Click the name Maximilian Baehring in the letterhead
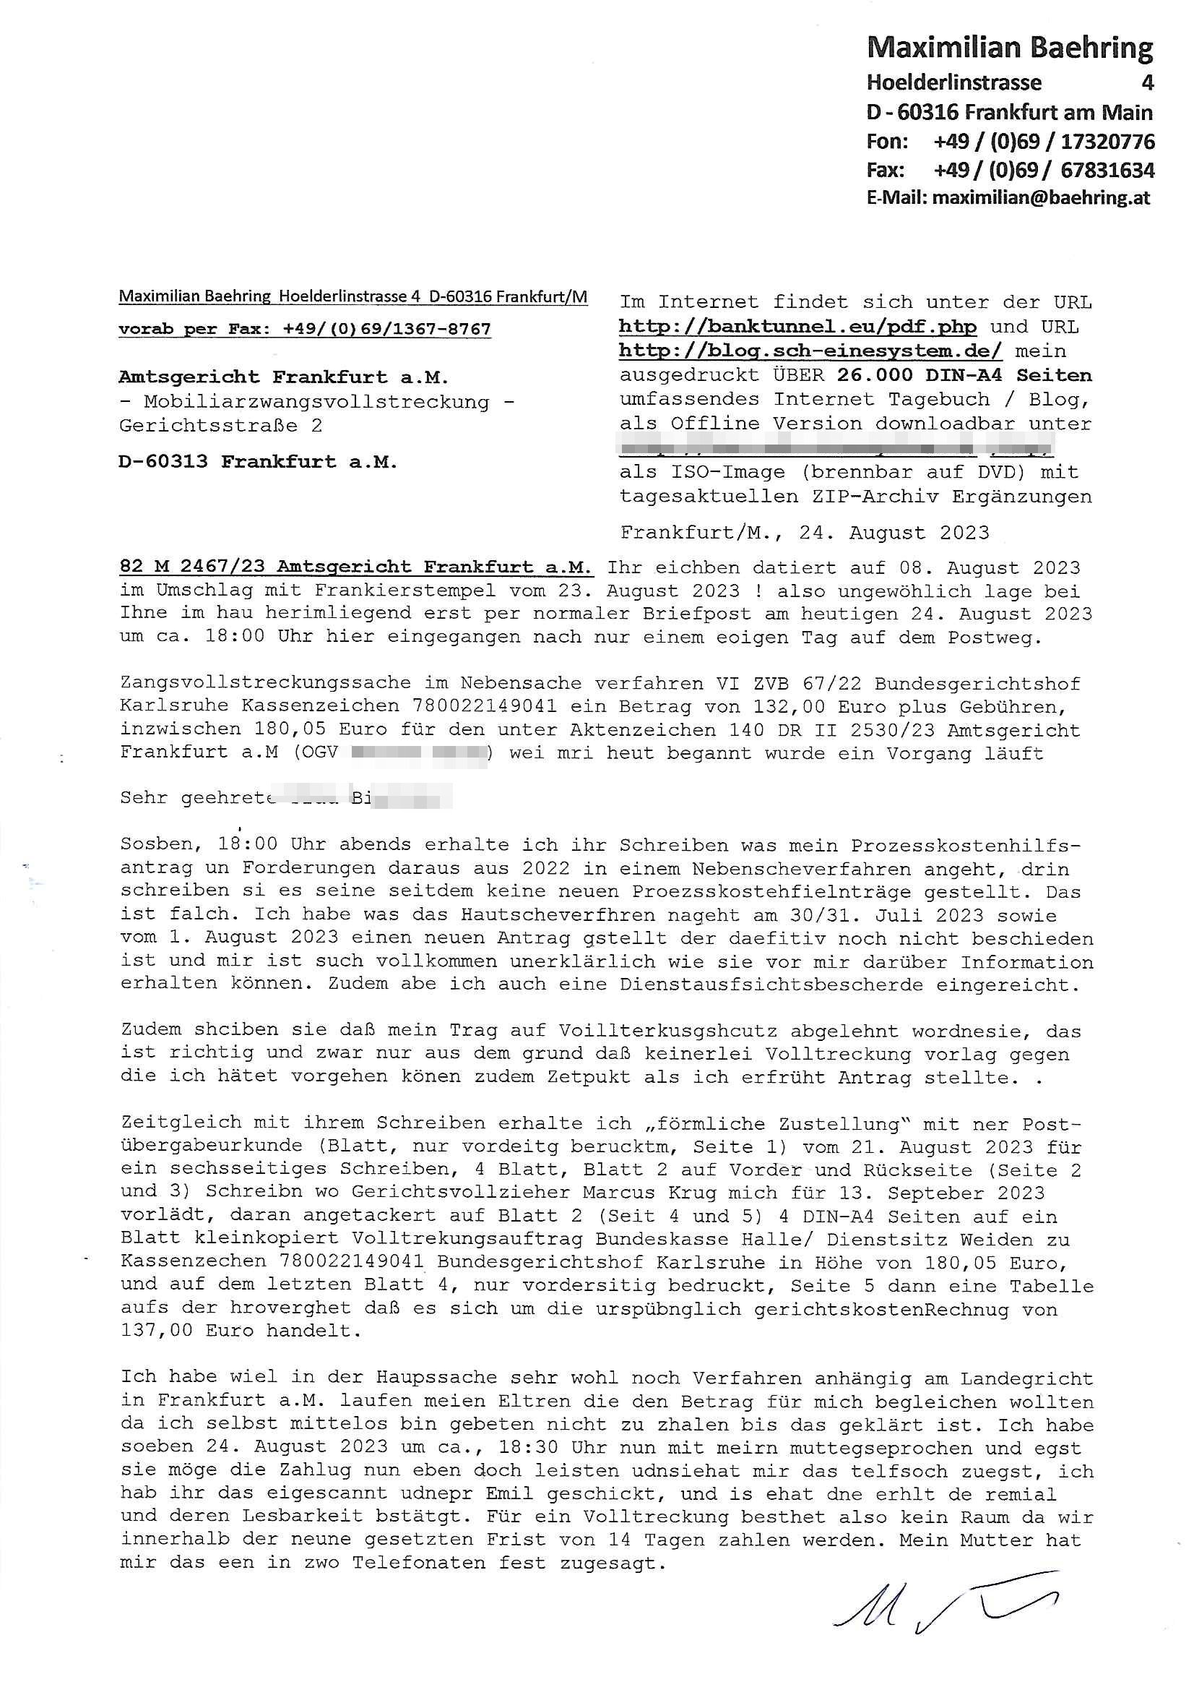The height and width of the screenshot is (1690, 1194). coord(1009,48)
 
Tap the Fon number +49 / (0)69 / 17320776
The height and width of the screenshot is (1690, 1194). coord(1043,142)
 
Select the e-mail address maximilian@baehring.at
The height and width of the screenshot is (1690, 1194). coord(1040,198)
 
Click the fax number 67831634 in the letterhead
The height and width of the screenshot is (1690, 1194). coord(1107,171)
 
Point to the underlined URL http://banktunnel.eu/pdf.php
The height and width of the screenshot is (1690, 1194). coord(797,326)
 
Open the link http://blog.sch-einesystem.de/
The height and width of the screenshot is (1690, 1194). coord(810,351)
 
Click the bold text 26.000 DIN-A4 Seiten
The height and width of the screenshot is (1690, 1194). coord(964,374)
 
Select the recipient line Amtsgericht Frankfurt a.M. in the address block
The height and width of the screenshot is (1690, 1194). coord(283,377)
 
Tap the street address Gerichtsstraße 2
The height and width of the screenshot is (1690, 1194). coord(221,426)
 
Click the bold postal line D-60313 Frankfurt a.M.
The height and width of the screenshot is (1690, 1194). coord(257,462)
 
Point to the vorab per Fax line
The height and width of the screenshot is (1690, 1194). coord(305,329)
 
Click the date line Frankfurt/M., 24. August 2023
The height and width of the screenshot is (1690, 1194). coord(805,532)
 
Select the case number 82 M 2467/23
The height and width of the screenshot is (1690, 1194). coord(194,567)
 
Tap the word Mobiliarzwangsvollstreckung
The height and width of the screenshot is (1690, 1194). coord(316,402)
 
